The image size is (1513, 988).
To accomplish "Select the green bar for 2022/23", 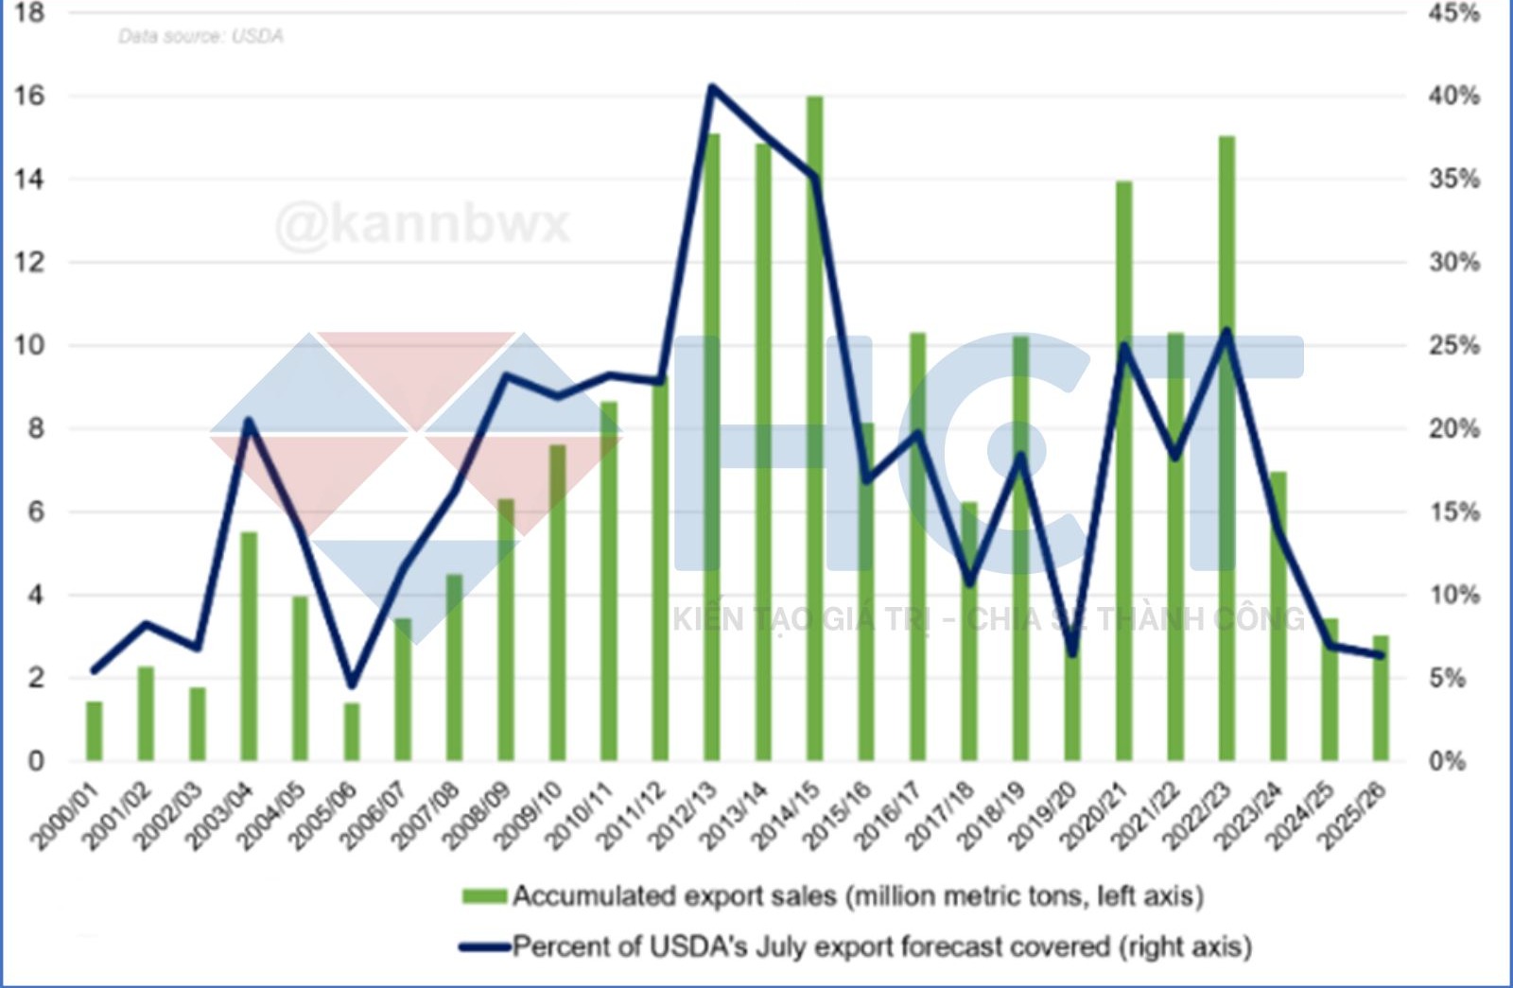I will pos(1226,448).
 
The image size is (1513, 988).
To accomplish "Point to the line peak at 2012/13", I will pos(712,87).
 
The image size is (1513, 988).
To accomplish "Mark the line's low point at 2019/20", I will pos(1072,653).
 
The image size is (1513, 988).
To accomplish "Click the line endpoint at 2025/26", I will pos(1381,654).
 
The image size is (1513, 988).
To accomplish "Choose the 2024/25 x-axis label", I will pos(1302,816).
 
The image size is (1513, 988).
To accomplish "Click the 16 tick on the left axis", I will pos(29,95).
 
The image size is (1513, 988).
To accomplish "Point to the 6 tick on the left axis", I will pos(35,511).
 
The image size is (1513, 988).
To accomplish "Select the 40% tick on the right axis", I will pos(1453,95).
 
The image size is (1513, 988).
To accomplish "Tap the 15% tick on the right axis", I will pos(1453,511).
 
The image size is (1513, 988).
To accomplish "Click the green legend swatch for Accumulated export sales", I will pos(484,895).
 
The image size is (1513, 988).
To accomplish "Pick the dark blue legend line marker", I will pos(484,946).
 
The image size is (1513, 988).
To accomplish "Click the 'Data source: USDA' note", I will pos(200,36).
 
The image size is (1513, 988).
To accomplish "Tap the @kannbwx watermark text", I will pos(422,225).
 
